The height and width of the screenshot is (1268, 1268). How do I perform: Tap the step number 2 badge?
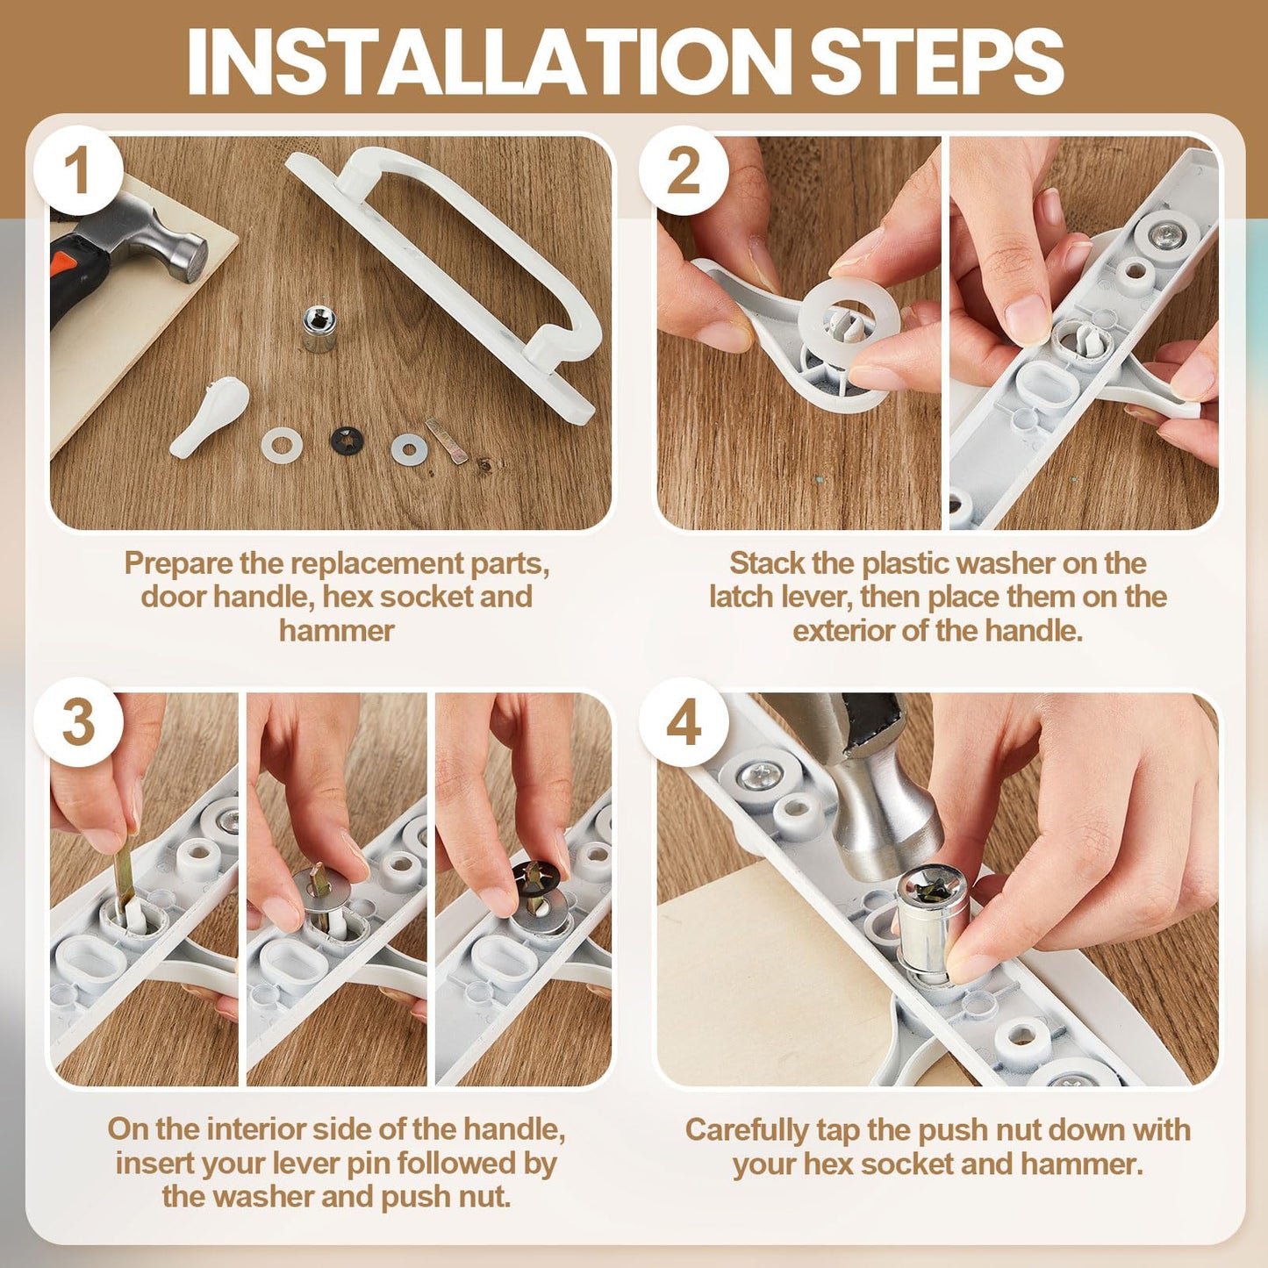click(684, 172)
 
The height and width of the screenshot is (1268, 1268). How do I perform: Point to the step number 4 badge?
click(684, 723)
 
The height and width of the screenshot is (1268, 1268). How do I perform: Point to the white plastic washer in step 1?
click(282, 444)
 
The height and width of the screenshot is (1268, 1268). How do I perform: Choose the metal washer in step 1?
click(409, 448)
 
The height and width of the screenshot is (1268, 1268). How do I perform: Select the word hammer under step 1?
click(336, 631)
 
